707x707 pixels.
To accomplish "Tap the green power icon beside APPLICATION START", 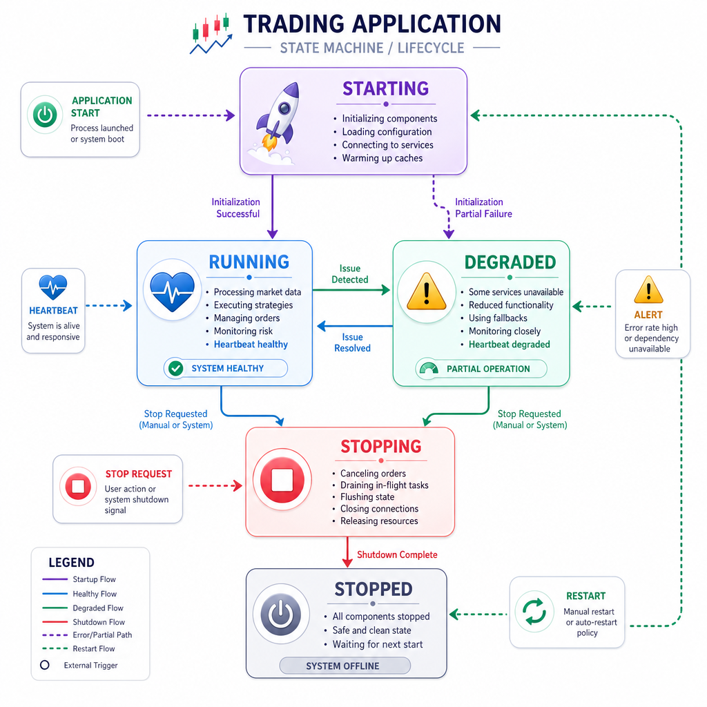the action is [45, 115].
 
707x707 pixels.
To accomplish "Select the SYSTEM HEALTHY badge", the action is [226, 369].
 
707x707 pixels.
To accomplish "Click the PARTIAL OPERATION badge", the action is [481, 369].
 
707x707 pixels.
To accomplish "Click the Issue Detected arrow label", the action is [350, 274].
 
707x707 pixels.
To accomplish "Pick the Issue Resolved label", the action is [352, 342].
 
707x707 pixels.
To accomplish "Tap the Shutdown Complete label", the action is [397, 554].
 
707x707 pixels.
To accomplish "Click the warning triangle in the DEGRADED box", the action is [426, 292].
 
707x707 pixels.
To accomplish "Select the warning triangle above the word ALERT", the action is [648, 290].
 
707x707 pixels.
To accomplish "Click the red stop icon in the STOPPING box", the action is [282, 479].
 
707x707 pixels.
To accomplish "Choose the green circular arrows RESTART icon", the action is [534, 612].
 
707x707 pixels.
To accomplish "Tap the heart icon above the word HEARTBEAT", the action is [53, 287].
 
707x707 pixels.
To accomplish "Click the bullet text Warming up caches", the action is [382, 158].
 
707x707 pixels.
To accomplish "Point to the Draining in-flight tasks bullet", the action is [384, 485].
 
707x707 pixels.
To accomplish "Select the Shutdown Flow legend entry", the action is [84, 622].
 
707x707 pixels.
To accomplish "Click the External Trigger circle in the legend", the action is [45, 665].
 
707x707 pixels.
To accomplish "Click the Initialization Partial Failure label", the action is [483, 208].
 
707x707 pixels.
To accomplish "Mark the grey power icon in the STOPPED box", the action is [281, 614].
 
